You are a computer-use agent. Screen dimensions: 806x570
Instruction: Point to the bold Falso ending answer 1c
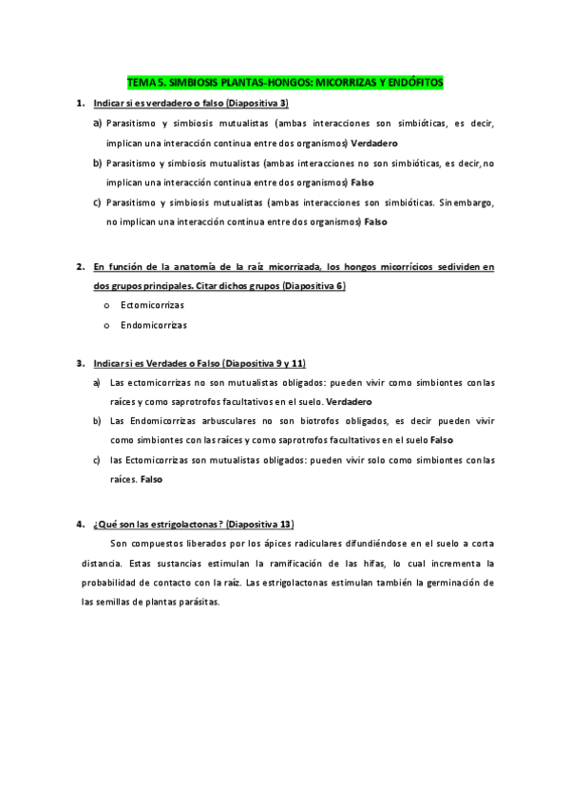pos(376,221)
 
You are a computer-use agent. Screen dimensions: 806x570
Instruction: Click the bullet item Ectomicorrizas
pos(153,305)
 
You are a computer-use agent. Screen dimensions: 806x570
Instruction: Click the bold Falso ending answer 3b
pos(442,441)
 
